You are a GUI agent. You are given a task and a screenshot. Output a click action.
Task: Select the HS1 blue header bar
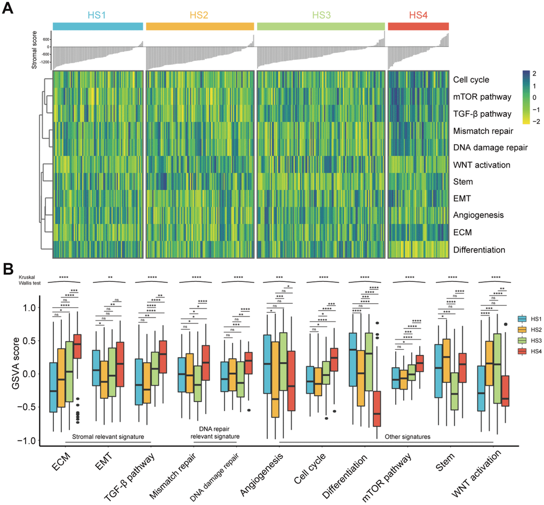pyautogui.click(x=98, y=26)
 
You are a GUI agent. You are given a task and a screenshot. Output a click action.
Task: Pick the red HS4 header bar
pyautogui.click(x=418, y=26)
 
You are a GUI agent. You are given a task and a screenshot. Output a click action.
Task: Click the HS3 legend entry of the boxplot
pyautogui.click(x=528, y=345)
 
